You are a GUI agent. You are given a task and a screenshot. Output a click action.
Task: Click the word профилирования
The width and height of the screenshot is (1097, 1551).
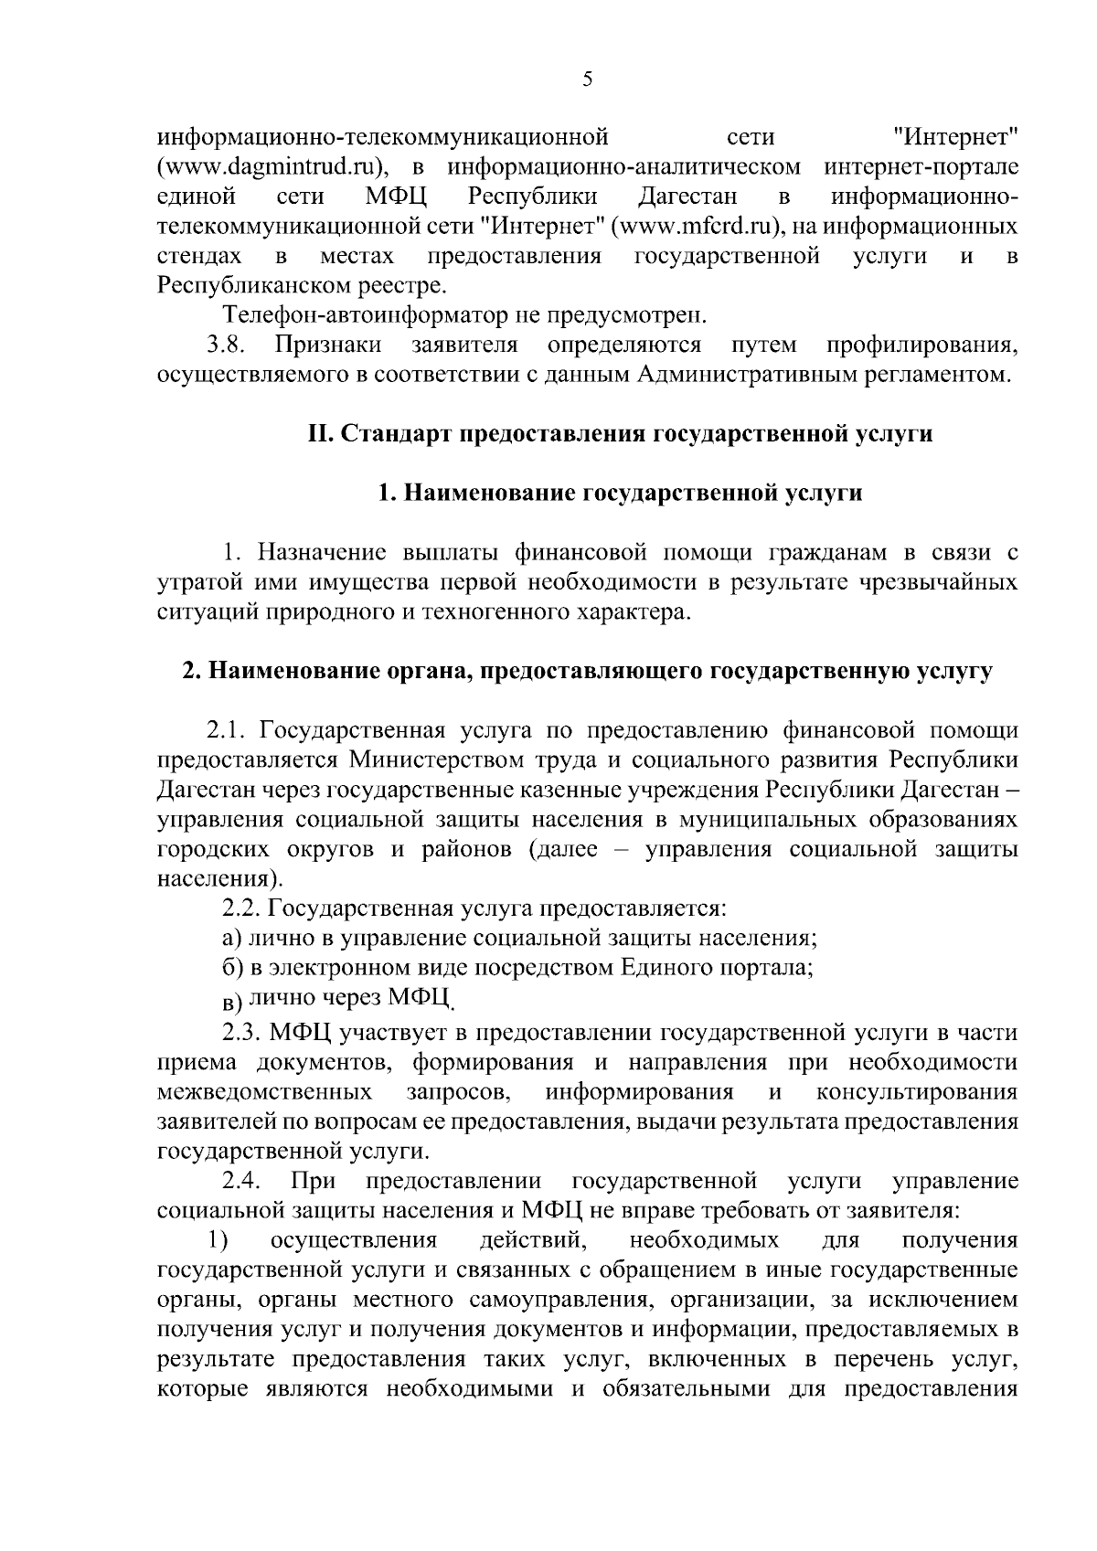pos(921,345)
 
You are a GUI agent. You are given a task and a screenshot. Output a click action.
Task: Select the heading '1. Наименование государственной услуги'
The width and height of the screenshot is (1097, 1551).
pos(621,494)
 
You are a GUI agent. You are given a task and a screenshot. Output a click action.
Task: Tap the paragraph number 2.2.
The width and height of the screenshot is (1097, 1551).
pos(241,909)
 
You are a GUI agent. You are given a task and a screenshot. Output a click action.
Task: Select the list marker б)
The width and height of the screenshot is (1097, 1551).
pos(232,968)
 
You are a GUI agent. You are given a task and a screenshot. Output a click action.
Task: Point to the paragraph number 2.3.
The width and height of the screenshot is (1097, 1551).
pos(241,1033)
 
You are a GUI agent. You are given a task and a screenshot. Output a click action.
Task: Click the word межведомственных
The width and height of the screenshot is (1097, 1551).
pos(265,1092)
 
